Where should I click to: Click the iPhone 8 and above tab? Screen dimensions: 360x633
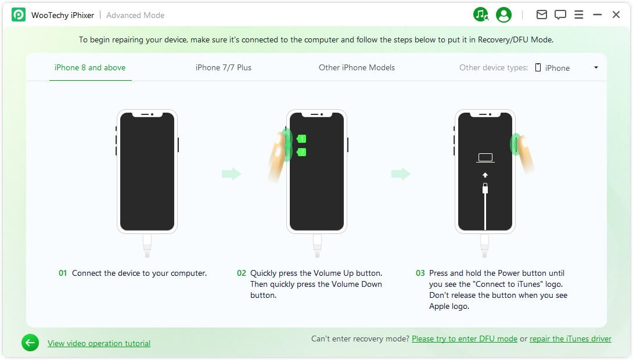pos(90,67)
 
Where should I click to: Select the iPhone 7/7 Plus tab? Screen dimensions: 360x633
pos(224,67)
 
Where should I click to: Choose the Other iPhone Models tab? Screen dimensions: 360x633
pos(357,67)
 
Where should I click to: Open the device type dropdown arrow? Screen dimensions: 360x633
pos(596,68)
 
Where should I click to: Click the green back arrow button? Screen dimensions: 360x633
pos(30,343)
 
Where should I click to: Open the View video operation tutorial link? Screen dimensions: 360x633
pos(99,343)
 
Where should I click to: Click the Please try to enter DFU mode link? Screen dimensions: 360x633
pos(464,339)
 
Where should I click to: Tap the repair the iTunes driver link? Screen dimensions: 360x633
pos(570,339)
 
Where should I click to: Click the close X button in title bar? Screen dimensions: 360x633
pos(616,15)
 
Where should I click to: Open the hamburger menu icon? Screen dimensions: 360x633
pos(579,15)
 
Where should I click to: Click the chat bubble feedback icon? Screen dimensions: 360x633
pos(560,15)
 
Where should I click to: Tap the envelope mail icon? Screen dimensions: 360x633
pos(542,15)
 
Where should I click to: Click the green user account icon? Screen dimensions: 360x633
pos(504,15)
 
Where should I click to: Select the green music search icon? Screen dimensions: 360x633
pos(481,15)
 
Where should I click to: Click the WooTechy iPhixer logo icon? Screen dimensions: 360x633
pos(19,15)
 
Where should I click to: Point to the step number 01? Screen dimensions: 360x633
pos(63,273)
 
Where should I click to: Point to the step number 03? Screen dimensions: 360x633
pos(420,273)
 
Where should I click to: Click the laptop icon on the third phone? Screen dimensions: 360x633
pos(485,158)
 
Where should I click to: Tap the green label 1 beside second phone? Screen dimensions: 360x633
pos(301,139)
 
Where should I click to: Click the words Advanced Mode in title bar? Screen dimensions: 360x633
pos(135,15)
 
